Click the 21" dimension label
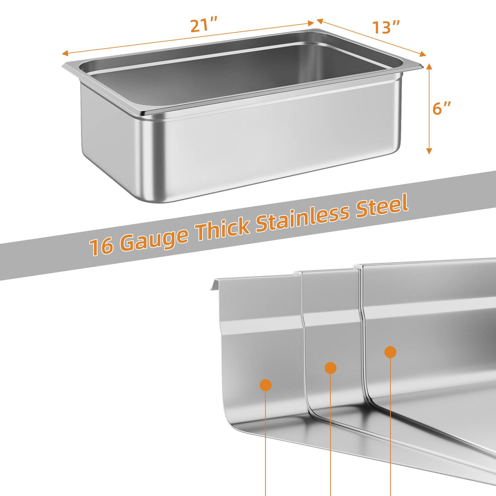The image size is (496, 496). click(x=204, y=25)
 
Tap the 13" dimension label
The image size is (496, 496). click(x=386, y=27)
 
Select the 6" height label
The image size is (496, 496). click(x=441, y=108)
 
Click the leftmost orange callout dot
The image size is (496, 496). click(x=266, y=385)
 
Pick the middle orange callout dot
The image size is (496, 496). click(x=331, y=367)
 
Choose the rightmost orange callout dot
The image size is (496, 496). click(x=390, y=352)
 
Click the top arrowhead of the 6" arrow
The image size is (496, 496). click(x=429, y=66)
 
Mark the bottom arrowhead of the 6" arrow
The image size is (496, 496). click(x=429, y=151)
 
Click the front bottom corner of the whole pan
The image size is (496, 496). click(x=145, y=199)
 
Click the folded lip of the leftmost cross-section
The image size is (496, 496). click(x=215, y=282)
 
